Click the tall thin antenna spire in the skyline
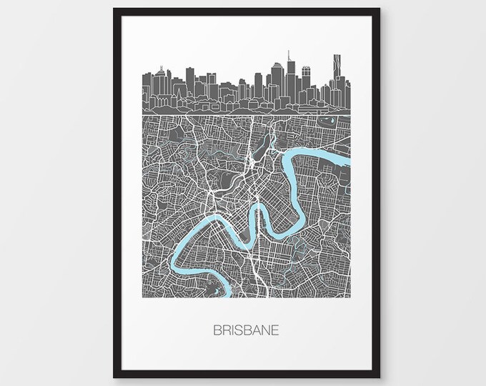point(288,57)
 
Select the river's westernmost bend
point(174,257)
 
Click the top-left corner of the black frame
point(114,9)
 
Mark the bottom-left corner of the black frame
point(114,377)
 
